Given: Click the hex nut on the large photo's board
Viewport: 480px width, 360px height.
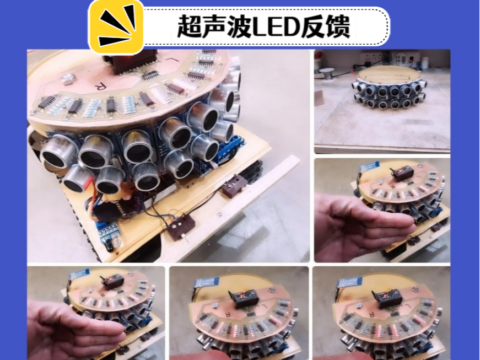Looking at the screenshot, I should point(68,79).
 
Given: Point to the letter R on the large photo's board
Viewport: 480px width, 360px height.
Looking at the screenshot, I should point(100,86).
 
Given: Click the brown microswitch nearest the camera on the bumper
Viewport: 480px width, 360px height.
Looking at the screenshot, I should point(181,226).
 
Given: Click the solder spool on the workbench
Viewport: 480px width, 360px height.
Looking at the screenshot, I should point(327,73).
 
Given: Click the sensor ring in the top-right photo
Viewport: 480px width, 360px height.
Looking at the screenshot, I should point(389,92).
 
